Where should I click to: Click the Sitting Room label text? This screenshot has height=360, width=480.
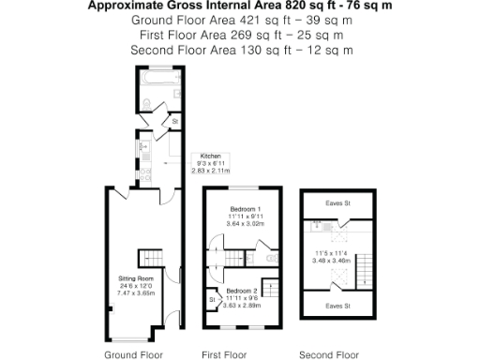(x=135, y=278)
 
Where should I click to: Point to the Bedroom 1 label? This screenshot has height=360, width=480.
(x=246, y=208)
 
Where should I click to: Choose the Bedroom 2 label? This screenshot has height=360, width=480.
(x=242, y=291)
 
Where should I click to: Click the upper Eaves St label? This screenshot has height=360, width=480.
(x=328, y=202)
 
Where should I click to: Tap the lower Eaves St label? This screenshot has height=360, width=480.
(x=328, y=305)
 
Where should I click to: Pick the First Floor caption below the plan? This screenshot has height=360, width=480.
(x=224, y=354)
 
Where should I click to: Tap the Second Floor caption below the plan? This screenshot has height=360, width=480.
(x=328, y=354)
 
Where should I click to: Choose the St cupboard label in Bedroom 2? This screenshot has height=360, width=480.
(x=212, y=299)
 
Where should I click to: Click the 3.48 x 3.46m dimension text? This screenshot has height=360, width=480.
(x=328, y=260)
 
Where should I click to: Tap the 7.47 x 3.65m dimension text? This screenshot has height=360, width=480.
(x=135, y=292)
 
